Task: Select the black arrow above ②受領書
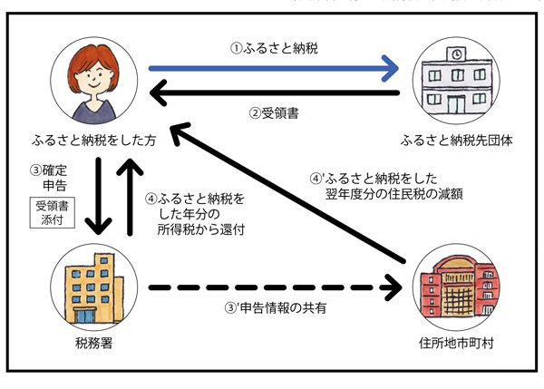coord(272,92)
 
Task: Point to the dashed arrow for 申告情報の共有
coord(272,289)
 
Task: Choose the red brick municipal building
coord(452,290)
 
